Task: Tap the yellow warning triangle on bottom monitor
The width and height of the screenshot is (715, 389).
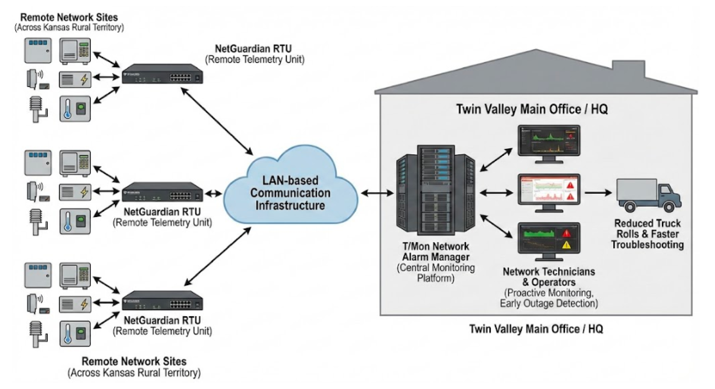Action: coord(566,245)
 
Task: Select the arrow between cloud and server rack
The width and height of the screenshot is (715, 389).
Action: coord(377,193)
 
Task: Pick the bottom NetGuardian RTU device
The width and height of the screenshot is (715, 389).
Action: coord(162,301)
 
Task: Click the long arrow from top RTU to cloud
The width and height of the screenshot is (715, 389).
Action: coord(217,121)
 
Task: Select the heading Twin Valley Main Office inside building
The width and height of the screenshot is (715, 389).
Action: coord(532,109)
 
